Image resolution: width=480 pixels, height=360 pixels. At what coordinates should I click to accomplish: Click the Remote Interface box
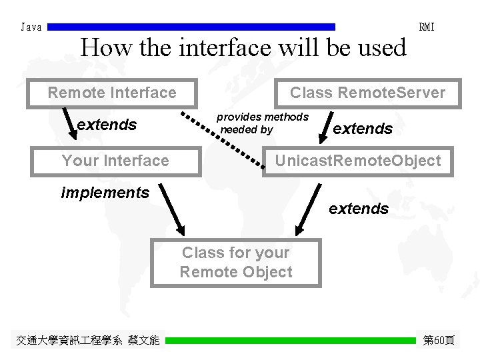[112, 93]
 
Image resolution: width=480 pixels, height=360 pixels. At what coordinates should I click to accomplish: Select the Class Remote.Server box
[367, 93]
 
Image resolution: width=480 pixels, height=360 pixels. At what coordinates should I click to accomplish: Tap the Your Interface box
[115, 161]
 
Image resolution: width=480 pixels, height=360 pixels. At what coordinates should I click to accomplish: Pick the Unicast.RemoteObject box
[358, 161]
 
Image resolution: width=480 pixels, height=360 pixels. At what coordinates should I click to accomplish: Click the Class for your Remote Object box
[235, 263]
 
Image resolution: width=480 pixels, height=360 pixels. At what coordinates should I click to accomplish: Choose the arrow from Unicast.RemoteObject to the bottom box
[307, 210]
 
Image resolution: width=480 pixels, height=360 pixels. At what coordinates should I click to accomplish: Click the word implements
[105, 193]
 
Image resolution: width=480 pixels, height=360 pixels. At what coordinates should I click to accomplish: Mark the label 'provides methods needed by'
[262, 123]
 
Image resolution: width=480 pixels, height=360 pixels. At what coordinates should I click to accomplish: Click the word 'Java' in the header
[31, 27]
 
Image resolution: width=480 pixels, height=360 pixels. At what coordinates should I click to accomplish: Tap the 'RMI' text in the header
[427, 27]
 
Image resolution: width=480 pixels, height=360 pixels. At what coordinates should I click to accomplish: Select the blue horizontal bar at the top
[192, 27]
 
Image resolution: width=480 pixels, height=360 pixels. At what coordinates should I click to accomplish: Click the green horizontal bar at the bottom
[290, 341]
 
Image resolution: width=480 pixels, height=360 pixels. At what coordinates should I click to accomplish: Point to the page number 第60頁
[439, 341]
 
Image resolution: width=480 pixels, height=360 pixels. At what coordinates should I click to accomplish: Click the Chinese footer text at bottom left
[87, 341]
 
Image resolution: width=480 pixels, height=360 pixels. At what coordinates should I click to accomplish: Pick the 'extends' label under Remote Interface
[107, 125]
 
